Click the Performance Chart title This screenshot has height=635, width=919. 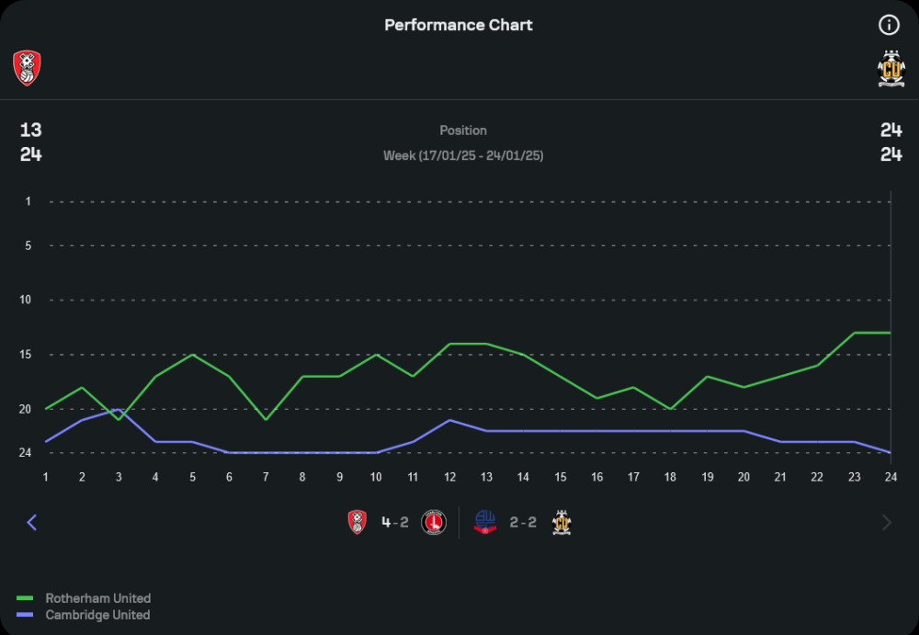[459, 25]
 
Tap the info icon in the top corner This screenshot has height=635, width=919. [889, 25]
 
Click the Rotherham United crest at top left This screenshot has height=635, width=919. [28, 68]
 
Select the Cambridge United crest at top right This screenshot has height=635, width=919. [891, 69]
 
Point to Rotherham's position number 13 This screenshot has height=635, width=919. [30, 130]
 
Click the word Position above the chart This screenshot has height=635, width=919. [463, 130]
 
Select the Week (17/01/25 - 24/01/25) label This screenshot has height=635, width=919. [463, 155]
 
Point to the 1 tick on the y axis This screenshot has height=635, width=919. [28, 201]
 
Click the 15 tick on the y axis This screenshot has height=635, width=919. [25, 355]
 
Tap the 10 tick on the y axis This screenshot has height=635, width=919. [25, 300]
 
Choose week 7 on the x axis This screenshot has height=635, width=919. [266, 476]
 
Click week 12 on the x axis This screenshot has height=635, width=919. [449, 476]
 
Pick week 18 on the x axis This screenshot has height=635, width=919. [670, 476]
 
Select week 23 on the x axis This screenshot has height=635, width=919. [854, 476]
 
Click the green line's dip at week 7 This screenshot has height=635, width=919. [266, 419]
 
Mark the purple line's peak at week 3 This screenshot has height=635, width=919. [119, 410]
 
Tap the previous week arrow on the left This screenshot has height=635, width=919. [32, 522]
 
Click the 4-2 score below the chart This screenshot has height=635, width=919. [395, 522]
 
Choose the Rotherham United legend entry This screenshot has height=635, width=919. [97, 598]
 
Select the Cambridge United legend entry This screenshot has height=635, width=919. [97, 615]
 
